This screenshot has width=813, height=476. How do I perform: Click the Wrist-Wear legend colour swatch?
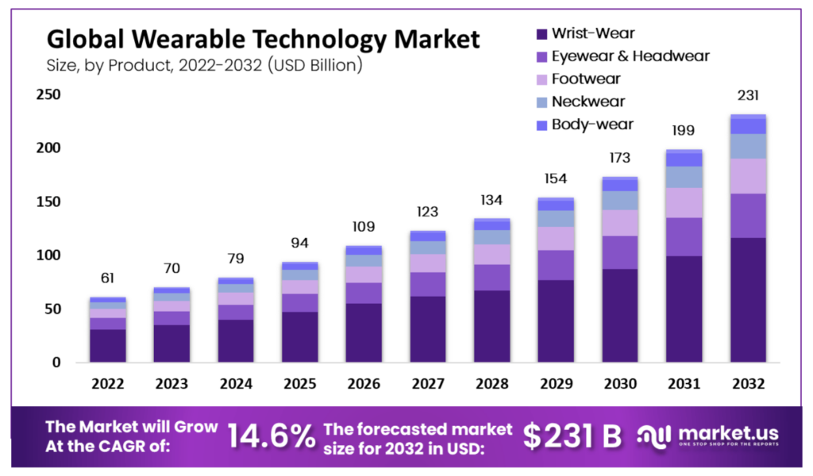click(x=541, y=34)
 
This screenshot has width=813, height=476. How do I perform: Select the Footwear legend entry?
click(x=586, y=79)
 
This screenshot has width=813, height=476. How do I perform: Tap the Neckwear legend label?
click(x=588, y=102)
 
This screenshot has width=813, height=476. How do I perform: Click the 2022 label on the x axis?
click(x=108, y=384)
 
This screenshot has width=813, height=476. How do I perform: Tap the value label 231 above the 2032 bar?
click(x=748, y=96)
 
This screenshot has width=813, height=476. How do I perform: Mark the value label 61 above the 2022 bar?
click(x=108, y=278)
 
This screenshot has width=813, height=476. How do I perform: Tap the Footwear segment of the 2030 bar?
click(x=620, y=223)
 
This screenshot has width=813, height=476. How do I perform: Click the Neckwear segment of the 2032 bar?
click(x=748, y=146)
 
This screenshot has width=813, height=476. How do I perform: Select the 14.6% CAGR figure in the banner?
click(x=270, y=436)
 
